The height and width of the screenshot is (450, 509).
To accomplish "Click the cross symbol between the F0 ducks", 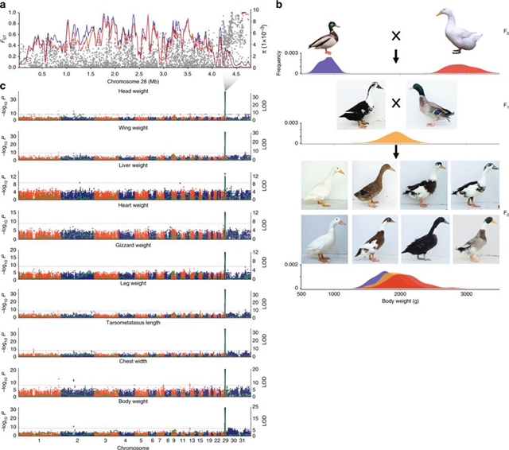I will (x=395, y=36).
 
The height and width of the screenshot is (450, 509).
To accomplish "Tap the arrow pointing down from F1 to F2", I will (x=395, y=152).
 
